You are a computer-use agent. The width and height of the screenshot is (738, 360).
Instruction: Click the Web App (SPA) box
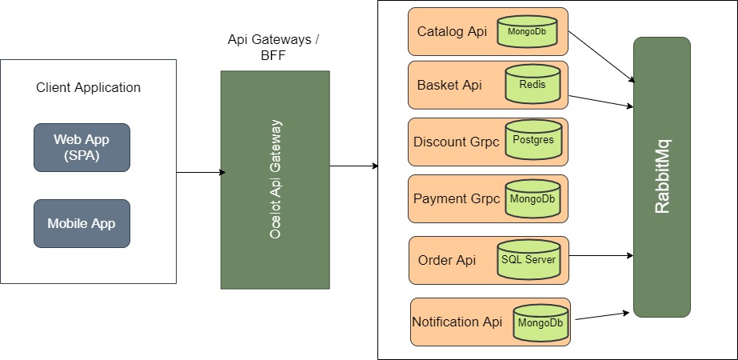82,147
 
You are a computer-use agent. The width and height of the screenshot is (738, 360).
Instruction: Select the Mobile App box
82,223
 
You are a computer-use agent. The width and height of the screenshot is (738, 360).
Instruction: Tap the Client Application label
88,87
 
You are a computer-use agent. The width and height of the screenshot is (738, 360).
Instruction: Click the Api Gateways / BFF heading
274,47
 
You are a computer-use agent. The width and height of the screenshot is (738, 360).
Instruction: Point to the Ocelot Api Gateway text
276,179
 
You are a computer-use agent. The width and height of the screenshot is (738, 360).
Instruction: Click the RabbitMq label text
662,176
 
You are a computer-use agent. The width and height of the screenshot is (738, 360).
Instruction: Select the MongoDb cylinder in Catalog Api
527,31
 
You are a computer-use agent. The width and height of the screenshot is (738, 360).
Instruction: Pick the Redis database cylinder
533,84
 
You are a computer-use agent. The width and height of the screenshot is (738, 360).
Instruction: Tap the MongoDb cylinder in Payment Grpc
532,198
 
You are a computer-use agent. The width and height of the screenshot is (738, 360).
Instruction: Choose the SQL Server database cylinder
528,259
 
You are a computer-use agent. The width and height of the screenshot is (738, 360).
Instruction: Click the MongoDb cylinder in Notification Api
541,323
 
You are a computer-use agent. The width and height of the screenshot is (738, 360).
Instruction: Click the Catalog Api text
452,32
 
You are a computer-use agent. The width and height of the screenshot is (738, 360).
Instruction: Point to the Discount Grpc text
456,142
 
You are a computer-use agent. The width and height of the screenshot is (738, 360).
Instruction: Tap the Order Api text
446,260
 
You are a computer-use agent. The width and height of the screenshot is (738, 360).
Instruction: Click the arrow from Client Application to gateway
201,172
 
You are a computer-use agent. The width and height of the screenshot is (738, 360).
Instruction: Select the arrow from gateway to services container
354,166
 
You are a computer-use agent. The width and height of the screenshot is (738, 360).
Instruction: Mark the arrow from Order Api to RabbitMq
601,256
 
